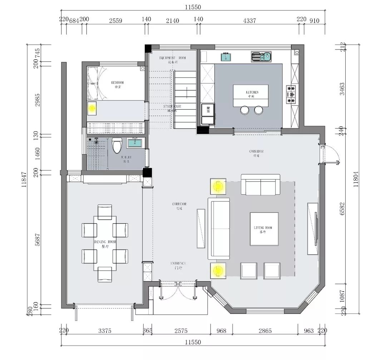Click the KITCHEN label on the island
point(250,92)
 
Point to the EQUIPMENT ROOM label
point(172,58)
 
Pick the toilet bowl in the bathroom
point(117,146)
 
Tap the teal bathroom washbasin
point(135,143)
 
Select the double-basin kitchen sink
point(261,56)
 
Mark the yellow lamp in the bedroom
point(92,108)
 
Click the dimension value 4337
point(249,21)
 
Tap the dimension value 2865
point(264,331)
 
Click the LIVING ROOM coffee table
point(264,229)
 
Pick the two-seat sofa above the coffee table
point(260,185)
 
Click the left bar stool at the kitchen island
point(244,110)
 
